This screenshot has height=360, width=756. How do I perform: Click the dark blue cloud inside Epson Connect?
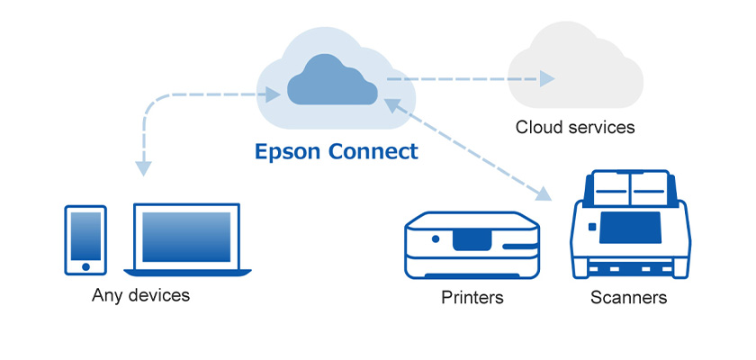[332, 82]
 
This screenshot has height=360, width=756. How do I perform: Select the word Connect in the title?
[373, 151]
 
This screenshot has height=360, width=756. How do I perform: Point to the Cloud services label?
[574, 127]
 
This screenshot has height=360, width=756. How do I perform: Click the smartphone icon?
[85, 238]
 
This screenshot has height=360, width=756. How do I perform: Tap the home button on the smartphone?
[85, 265]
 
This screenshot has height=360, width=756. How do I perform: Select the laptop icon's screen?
[186, 237]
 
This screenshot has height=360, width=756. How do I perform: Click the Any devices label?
[141, 295]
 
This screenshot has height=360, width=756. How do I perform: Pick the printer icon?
[472, 244]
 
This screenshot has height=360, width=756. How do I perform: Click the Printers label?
[472, 297]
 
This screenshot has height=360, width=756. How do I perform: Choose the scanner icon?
[630, 225]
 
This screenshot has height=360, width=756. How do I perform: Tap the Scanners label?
[629, 297]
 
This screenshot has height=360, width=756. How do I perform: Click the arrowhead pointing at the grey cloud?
[546, 79]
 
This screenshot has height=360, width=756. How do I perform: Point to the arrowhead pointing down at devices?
[143, 167]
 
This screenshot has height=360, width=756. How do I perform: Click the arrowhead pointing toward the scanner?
[543, 193]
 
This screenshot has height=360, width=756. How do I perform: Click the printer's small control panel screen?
[472, 238]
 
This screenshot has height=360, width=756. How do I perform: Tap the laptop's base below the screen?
[187, 271]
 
